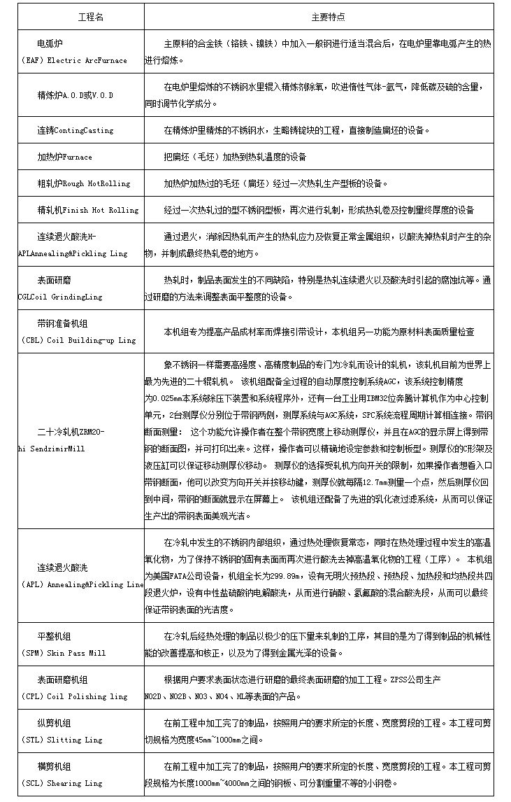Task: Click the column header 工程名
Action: pos(89,17)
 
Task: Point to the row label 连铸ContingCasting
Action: pos(75,130)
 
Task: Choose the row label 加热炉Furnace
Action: pos(65,157)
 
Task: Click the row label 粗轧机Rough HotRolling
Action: pos(84,183)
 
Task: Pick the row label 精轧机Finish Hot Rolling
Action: pos(88,210)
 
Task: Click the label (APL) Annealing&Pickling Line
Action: pos(82,584)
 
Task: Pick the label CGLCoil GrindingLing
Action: pos(60,297)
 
